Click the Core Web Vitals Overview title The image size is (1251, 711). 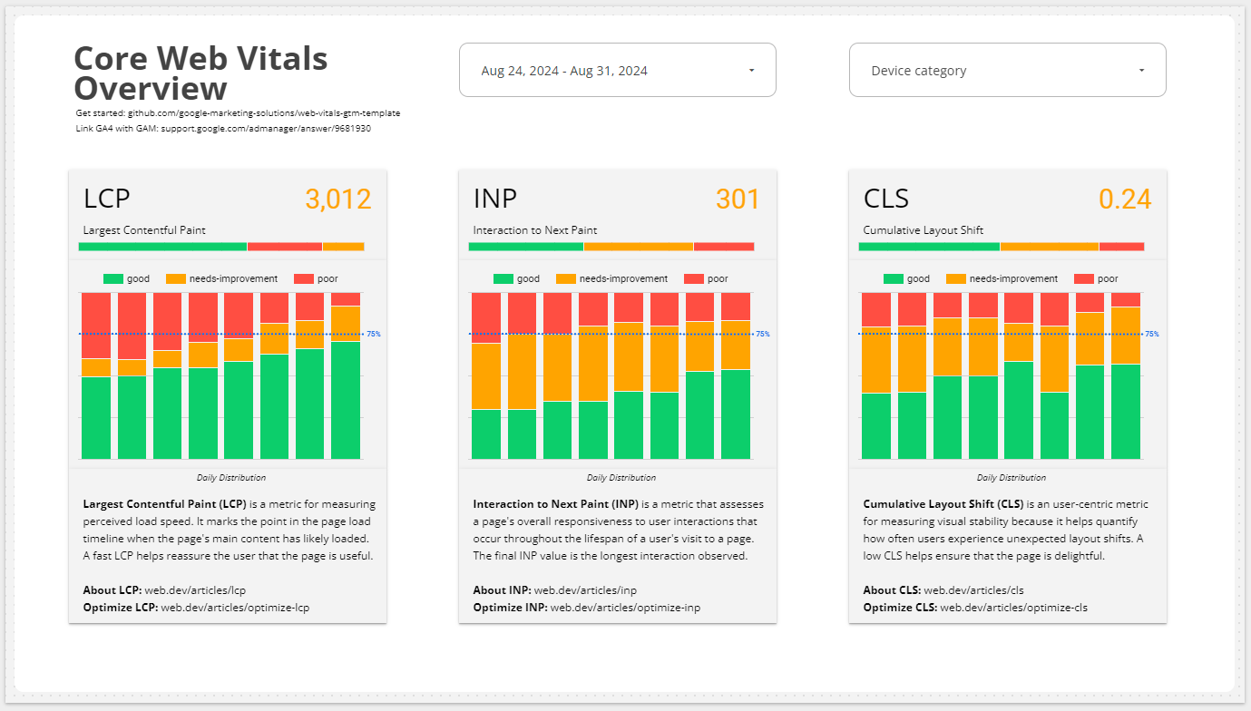click(200, 73)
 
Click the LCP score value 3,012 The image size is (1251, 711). click(337, 200)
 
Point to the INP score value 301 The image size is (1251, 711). click(737, 200)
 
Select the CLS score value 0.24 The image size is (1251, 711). click(1125, 200)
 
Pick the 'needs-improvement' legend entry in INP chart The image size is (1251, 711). click(623, 279)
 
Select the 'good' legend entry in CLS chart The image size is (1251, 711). click(918, 279)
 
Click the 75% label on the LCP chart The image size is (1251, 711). click(374, 335)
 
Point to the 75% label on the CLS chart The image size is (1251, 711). click(1152, 335)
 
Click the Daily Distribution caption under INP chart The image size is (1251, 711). click(621, 478)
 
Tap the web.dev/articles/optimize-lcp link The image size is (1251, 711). click(235, 608)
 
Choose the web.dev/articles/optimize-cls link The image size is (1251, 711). click(1013, 608)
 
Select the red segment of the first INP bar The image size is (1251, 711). click(486, 317)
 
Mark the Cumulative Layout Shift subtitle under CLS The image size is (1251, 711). click(924, 230)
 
